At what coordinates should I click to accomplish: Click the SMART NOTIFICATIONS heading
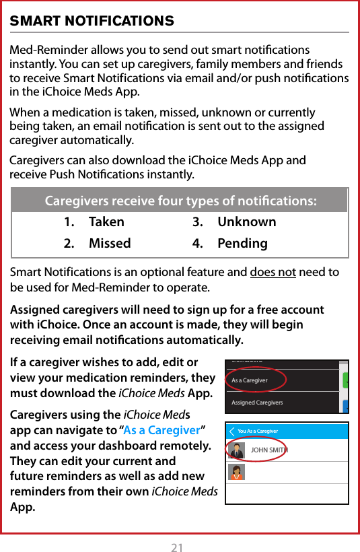(x=92, y=22)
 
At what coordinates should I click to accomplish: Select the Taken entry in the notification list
(x=106, y=221)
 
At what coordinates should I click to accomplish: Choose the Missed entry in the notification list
(x=110, y=243)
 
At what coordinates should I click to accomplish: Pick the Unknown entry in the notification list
(x=246, y=221)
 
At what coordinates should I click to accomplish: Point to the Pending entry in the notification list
(x=242, y=243)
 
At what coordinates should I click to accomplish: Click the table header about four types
(x=180, y=201)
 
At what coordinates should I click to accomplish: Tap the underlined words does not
(x=273, y=272)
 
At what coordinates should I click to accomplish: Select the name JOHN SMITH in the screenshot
(x=268, y=450)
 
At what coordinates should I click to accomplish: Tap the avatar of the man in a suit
(x=237, y=450)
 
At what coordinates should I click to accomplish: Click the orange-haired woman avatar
(x=237, y=472)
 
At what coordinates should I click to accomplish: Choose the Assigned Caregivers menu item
(x=257, y=403)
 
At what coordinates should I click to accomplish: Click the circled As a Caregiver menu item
(x=250, y=380)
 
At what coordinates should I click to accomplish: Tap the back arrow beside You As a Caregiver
(x=232, y=431)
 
